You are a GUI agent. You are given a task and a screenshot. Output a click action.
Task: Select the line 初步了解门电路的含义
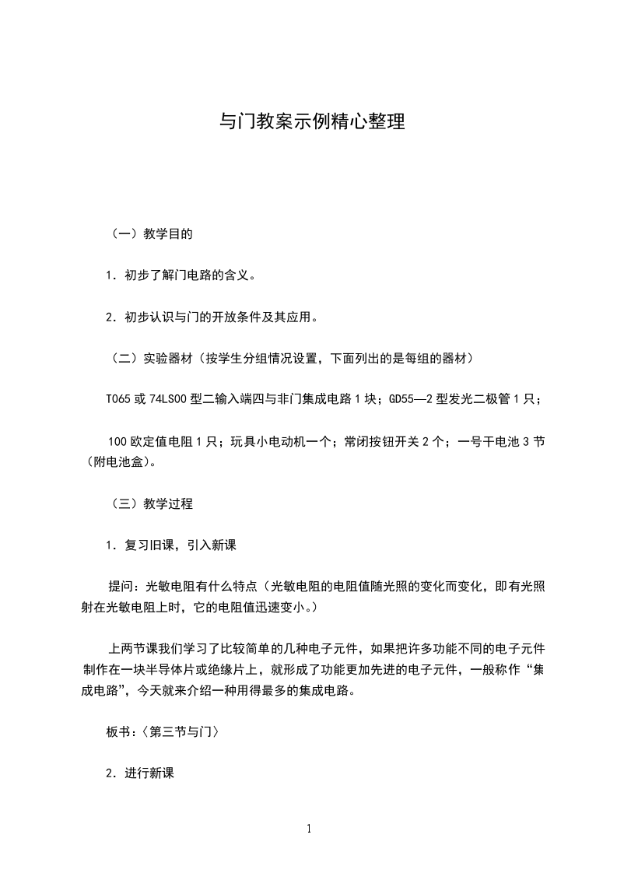[181, 275]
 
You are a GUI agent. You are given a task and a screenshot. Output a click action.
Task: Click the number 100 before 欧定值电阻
[117, 442]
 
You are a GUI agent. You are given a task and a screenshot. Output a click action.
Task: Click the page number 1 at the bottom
[309, 829]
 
